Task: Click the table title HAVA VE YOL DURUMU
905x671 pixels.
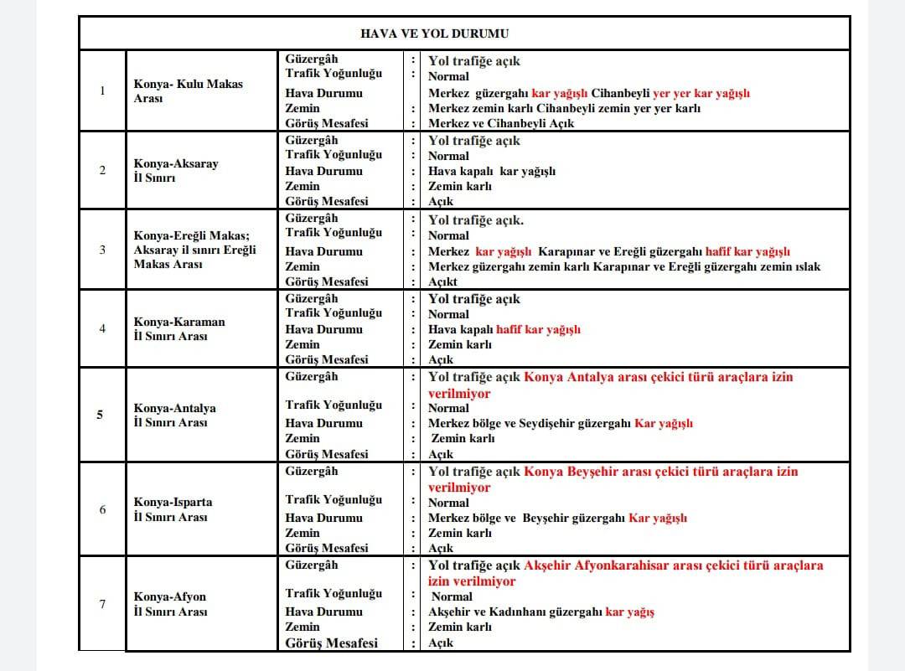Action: click(x=434, y=34)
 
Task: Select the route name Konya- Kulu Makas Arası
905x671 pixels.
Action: click(x=188, y=91)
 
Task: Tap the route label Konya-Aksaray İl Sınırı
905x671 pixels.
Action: click(x=175, y=171)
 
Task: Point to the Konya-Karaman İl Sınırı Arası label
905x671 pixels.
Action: click(x=178, y=329)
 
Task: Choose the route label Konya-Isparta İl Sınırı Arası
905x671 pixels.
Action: click(x=173, y=509)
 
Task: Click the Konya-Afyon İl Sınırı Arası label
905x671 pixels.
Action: click(x=169, y=604)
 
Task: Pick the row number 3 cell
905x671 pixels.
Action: click(x=102, y=250)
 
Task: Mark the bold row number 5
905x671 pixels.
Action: click(x=101, y=414)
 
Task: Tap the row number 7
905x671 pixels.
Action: click(x=102, y=603)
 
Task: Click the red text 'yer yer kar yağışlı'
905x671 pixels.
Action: click(x=701, y=93)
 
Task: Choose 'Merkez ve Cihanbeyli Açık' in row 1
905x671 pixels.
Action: click(x=501, y=123)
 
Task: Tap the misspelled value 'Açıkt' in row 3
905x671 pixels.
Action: click(x=443, y=282)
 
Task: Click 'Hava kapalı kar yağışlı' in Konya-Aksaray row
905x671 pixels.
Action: click(x=492, y=172)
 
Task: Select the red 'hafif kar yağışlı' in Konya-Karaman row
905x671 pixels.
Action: click(x=538, y=330)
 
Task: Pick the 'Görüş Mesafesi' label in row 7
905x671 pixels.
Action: click(x=331, y=643)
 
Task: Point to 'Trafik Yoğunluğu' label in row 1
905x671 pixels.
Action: click(x=333, y=74)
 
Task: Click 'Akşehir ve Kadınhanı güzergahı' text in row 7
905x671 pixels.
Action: click(x=515, y=612)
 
